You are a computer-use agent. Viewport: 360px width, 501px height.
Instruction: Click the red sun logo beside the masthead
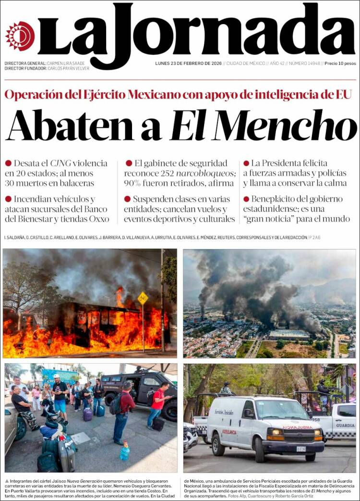[x=20, y=36]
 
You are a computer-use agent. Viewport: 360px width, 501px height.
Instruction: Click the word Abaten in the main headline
[x=70, y=125]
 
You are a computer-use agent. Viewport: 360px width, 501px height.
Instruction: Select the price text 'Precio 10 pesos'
[x=340, y=63]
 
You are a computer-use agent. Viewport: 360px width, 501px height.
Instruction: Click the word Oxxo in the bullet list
[x=98, y=219]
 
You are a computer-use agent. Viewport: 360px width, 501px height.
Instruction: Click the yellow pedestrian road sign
[x=143, y=298]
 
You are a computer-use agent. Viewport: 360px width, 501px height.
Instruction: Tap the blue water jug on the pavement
[x=125, y=452]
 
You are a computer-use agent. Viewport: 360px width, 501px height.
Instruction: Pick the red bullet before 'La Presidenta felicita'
[x=246, y=163]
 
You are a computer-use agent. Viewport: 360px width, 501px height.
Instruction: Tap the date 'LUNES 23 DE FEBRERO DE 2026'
[x=188, y=63]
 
